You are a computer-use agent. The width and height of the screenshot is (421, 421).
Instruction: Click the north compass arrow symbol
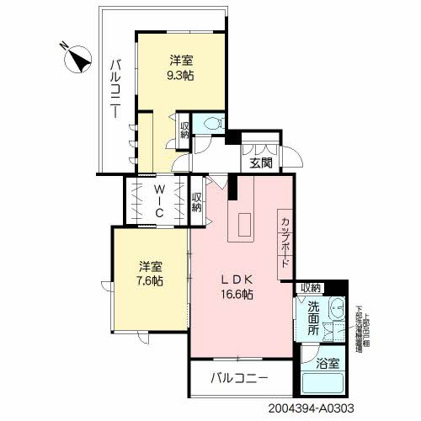click(80, 59)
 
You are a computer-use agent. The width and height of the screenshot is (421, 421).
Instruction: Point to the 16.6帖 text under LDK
click(238, 294)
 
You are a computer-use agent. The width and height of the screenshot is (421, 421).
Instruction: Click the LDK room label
click(238, 280)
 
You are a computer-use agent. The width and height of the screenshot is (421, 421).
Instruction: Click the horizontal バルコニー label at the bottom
click(240, 377)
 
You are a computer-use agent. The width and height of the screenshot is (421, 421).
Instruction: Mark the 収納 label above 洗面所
click(312, 288)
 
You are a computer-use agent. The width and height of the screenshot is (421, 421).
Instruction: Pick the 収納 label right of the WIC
click(196, 203)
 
